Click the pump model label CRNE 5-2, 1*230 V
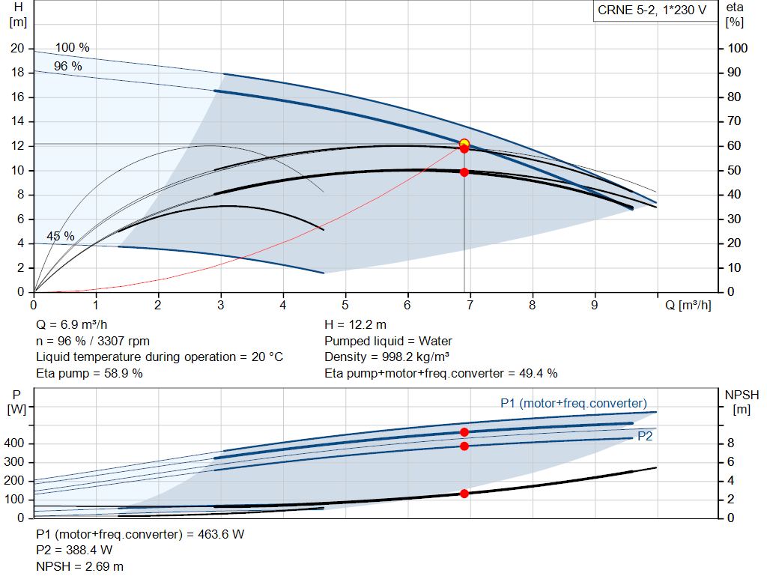tap(652, 10)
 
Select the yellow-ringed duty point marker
tap(464, 143)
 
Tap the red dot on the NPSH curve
tap(464, 494)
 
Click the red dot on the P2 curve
tap(464, 446)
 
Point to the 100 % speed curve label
tap(72, 48)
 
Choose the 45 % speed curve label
tap(61, 237)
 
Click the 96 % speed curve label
tap(68, 67)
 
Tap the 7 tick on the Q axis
tap(470, 306)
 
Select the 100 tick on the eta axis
tap(739, 49)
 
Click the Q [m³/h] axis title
tap(688, 306)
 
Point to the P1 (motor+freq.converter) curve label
tap(574, 403)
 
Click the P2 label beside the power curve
tap(644, 435)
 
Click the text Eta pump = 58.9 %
tap(89, 373)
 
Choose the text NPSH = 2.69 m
tap(80, 566)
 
